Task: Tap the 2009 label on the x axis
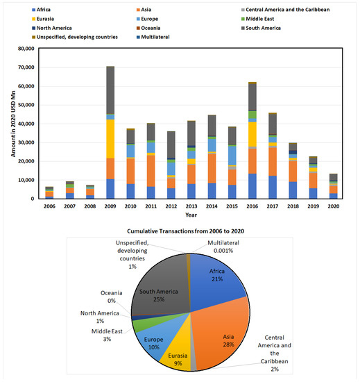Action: click(x=110, y=206)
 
